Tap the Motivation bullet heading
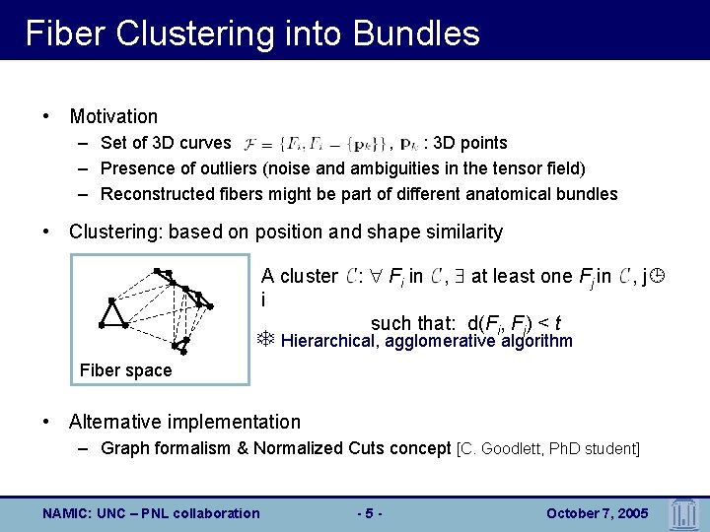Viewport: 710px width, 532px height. pyautogui.click(x=113, y=116)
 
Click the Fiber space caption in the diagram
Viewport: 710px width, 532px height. pyautogui.click(x=125, y=370)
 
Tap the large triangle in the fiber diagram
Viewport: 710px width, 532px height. pyautogui.click(x=113, y=312)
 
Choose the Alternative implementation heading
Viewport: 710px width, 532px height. pyautogui.click(x=184, y=422)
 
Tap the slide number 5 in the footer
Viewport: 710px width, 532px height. pyautogui.click(x=368, y=512)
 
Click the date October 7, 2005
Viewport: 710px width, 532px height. pyautogui.click(x=596, y=512)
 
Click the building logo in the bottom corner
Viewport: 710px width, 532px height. pyautogui.click(x=683, y=512)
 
